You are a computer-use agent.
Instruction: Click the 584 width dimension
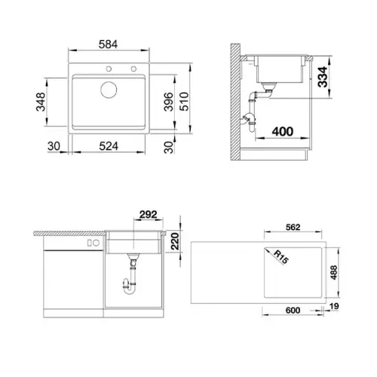point(108,44)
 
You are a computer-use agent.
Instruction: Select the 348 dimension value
point(41,102)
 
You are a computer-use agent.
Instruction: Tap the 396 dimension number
point(168,102)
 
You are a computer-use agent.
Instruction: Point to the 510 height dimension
point(184,102)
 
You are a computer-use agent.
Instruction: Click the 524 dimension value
point(109,146)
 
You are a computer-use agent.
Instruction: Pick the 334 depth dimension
point(323,77)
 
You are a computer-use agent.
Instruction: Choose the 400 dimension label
point(283,131)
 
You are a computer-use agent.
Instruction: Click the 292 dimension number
point(149,214)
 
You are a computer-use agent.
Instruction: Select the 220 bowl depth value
point(175,241)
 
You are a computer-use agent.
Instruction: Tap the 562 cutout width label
point(293,227)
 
